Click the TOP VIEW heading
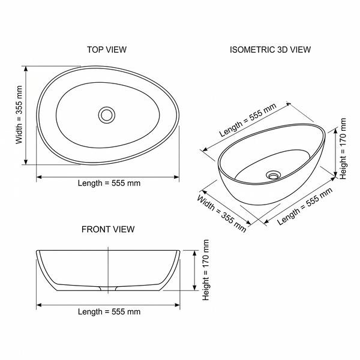107,50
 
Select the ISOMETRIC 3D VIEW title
270,50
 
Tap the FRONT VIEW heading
108,229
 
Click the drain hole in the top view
107,115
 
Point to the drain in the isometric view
273,175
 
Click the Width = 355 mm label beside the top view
19,115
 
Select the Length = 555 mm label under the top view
109,183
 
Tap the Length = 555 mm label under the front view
109,311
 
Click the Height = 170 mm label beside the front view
206,270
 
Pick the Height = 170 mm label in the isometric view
343,149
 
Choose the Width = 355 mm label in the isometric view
221,214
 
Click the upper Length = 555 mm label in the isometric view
248,120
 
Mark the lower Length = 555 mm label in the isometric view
305,206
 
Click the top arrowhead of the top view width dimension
26,68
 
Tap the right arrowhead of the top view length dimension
176,177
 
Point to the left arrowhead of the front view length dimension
39,305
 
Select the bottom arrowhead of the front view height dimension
194,288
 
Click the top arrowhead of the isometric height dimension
335,131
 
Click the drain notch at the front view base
108,289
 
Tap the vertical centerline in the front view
108,270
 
